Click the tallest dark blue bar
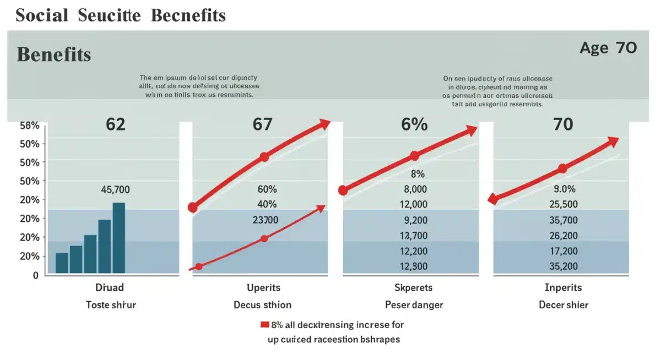[x=119, y=238]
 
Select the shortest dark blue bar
[x=62, y=263]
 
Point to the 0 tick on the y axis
[x=35, y=275]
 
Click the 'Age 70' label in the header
[x=608, y=48]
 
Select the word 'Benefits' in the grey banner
[x=53, y=54]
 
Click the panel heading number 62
[x=115, y=124]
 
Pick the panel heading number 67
[x=262, y=124]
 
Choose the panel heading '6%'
[x=414, y=124]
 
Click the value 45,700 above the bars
[x=115, y=190]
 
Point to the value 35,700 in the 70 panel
[x=564, y=220]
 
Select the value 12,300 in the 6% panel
[x=413, y=266]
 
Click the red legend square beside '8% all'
[x=264, y=325]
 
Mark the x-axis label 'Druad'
[x=110, y=288]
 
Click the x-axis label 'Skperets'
[x=413, y=288]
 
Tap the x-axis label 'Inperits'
[x=563, y=288]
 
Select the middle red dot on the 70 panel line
[x=562, y=169]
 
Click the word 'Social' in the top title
[x=42, y=15]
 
